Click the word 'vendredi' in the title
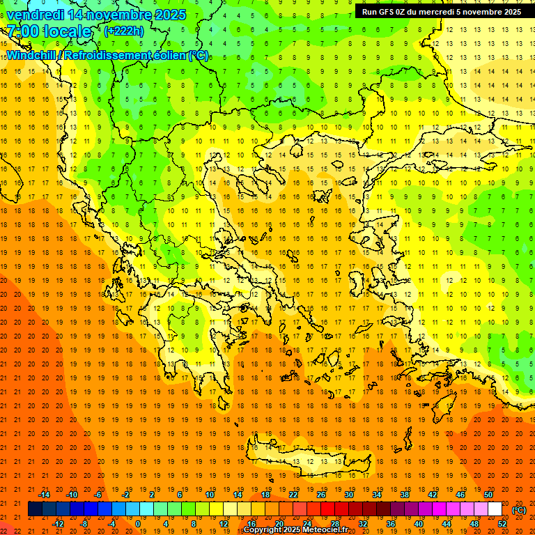36,15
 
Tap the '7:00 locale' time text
49,31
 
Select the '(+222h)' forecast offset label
123,31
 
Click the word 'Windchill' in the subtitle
33,55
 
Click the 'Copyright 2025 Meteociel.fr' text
295,530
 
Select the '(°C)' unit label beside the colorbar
519,510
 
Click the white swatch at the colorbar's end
495,509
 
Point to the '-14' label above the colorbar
44,495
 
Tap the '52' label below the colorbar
502,524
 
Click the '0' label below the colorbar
138,524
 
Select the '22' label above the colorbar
293,495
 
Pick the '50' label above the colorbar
488,495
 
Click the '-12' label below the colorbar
58,524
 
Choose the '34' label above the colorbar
377,495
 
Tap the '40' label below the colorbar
419,524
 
